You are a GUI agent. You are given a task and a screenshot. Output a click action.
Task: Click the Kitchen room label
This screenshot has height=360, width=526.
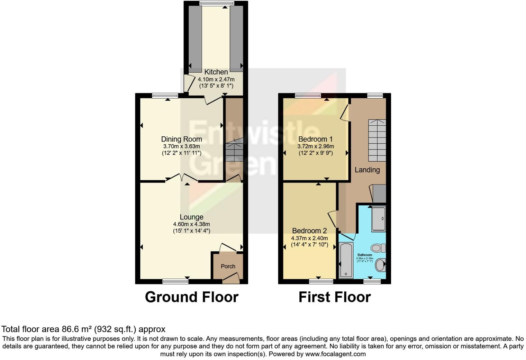click(216, 72)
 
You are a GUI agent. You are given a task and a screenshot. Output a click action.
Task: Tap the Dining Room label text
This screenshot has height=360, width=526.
click(181, 139)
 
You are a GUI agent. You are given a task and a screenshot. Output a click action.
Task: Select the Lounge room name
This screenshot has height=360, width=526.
click(191, 217)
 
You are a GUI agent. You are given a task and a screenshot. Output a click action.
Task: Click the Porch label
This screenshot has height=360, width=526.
click(228, 266)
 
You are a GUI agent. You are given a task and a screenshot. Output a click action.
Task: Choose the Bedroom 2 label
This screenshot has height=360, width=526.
click(309, 231)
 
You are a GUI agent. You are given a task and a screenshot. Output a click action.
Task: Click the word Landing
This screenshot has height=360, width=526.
click(367, 170)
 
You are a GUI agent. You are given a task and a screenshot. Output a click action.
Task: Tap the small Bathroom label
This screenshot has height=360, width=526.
click(365, 255)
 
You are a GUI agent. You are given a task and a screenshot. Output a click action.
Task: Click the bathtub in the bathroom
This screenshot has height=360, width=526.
click(346, 260)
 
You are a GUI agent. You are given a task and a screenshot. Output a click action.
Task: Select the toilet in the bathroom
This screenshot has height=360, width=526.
click(378, 248)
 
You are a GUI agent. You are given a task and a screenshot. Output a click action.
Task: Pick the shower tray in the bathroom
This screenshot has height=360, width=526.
click(378, 219)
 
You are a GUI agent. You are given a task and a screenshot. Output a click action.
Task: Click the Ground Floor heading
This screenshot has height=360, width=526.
click(191, 297)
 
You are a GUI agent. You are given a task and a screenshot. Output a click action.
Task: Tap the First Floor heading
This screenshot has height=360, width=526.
click(335, 297)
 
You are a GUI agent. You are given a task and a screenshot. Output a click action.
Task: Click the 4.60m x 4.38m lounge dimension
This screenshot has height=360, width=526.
click(191, 224)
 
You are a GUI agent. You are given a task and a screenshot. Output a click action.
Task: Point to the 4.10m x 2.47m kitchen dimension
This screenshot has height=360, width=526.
click(216, 79)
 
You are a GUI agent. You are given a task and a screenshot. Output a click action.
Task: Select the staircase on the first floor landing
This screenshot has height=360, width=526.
click(377, 140)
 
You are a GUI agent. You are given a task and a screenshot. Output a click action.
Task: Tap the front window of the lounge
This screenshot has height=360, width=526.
click(175, 281)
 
